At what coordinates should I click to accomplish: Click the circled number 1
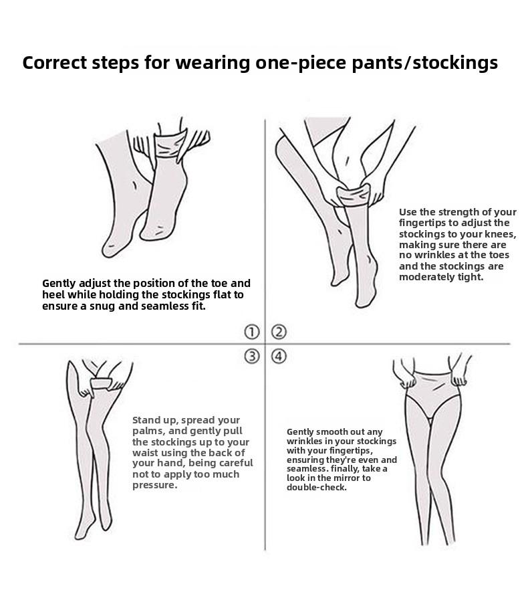click(252, 332)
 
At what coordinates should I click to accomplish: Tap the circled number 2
click(279, 332)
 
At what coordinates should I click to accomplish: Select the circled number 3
click(252, 356)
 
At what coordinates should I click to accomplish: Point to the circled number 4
click(279, 356)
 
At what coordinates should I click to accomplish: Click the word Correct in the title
click(55, 63)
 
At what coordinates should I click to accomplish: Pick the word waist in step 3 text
click(145, 453)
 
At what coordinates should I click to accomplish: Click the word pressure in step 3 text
click(154, 486)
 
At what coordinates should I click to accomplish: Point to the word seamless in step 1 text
click(162, 306)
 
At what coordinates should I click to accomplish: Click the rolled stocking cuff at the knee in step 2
click(353, 196)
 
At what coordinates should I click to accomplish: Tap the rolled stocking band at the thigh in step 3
click(102, 383)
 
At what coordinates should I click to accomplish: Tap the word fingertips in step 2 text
click(422, 223)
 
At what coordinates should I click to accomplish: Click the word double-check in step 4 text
click(316, 488)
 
